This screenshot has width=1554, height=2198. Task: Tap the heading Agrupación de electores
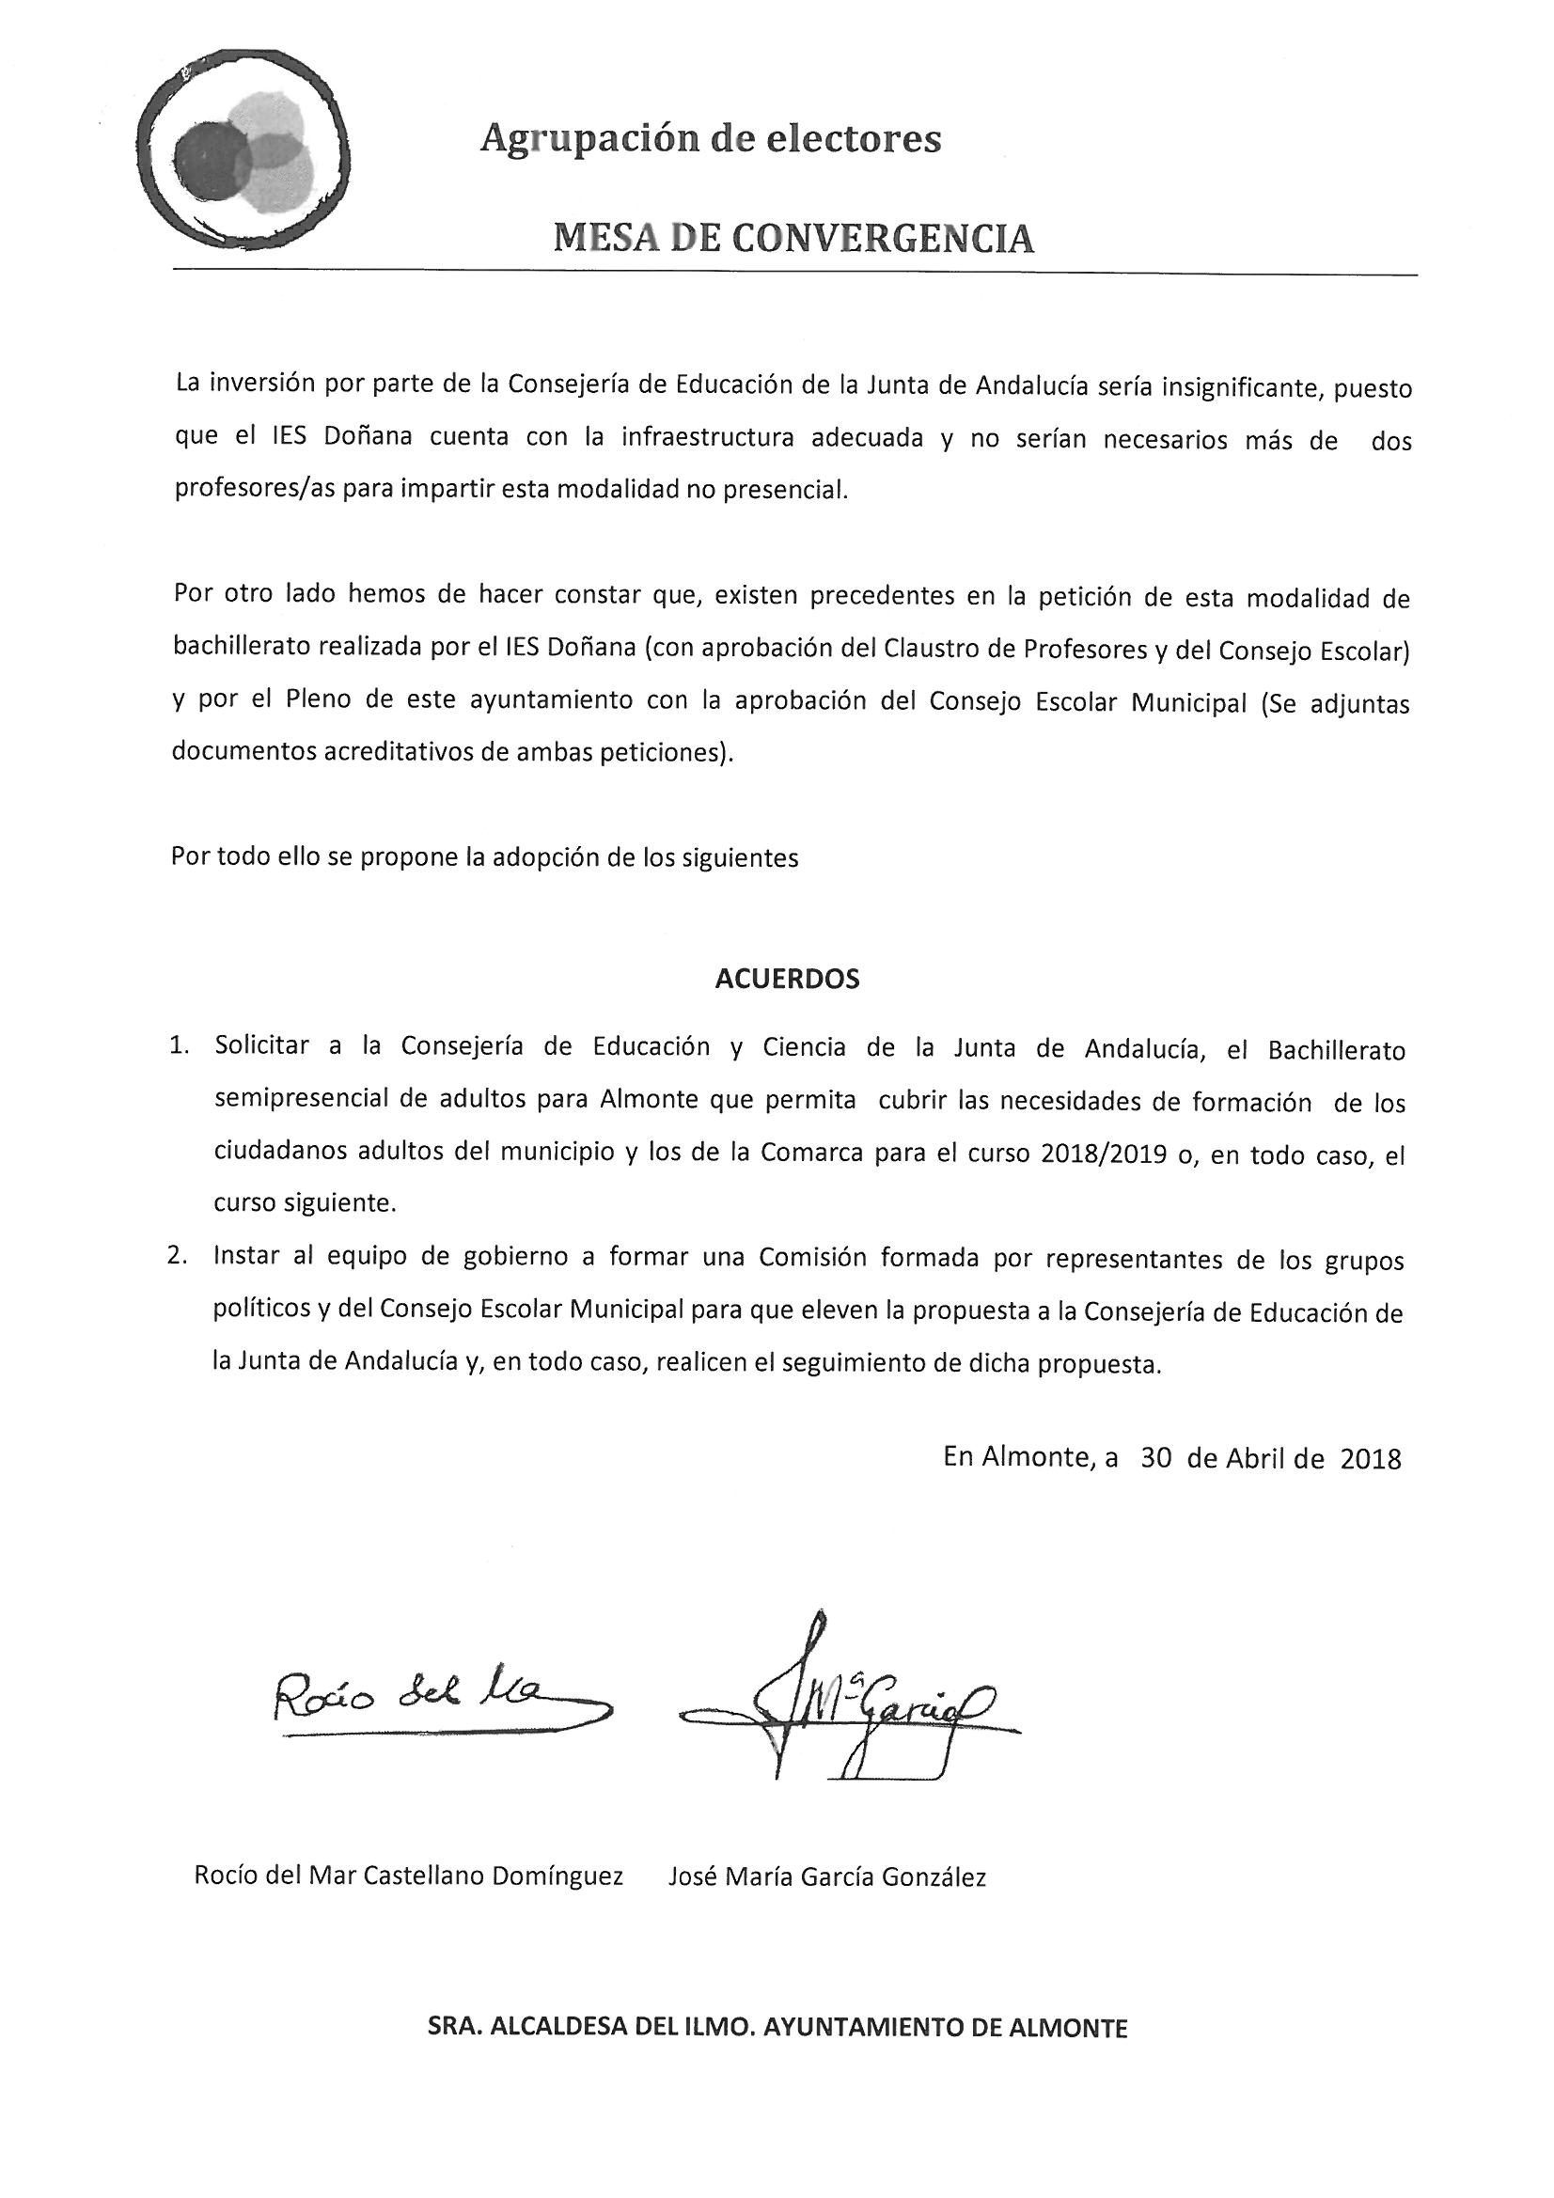(x=711, y=140)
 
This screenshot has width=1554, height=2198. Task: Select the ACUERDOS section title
(x=787, y=980)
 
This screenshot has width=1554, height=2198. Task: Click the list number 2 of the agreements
(x=177, y=1257)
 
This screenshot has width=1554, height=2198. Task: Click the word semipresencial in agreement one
(x=304, y=1100)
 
